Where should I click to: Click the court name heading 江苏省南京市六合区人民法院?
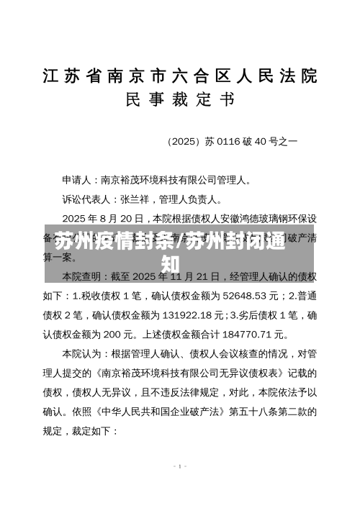[x=180, y=76]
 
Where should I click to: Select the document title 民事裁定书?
[x=180, y=101]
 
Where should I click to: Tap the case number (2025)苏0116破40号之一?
[x=232, y=142]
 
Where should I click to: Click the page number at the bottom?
[x=180, y=466]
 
